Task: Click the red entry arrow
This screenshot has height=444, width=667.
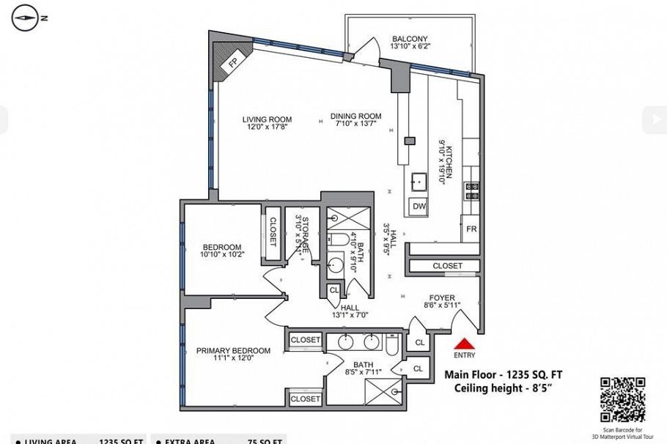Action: (464, 343)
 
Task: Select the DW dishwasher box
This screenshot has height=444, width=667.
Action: (419, 207)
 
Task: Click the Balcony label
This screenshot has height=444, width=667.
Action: (410, 39)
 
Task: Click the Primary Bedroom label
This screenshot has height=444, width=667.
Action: (233, 351)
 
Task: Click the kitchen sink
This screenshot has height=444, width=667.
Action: (419, 180)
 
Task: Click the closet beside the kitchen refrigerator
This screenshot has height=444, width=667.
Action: (447, 266)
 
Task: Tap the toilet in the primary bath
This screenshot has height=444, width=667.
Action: (391, 343)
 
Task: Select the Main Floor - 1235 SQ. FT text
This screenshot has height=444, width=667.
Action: (504, 375)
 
